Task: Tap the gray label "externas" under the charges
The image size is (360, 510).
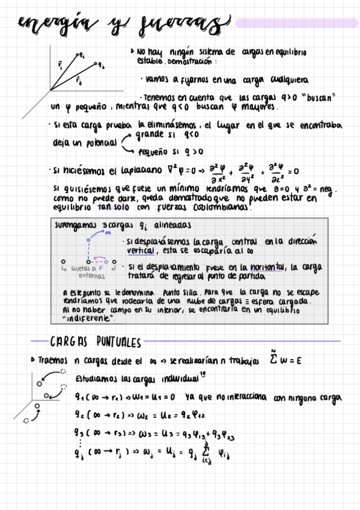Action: [91, 277]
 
